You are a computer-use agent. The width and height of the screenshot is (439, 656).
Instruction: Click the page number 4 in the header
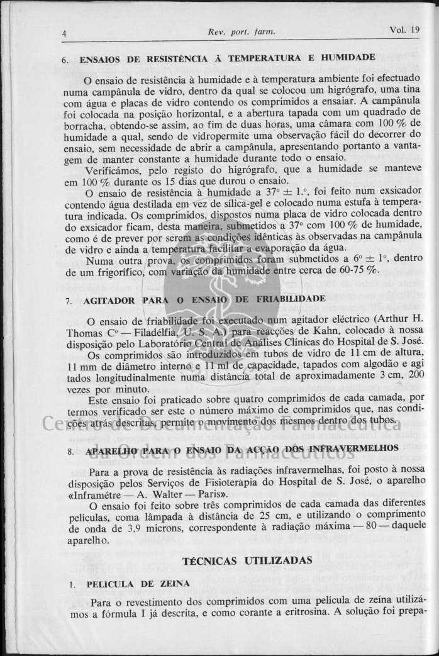(64, 33)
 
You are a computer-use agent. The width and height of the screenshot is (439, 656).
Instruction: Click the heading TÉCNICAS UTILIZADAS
(247, 560)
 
